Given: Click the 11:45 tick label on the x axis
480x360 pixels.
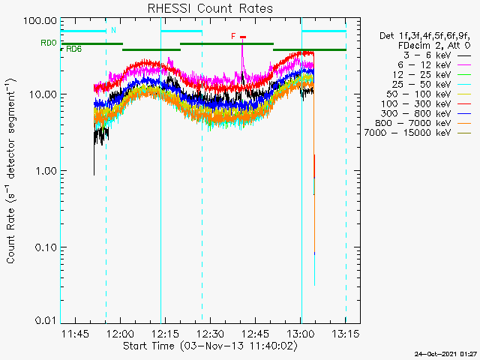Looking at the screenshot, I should click(x=76, y=334).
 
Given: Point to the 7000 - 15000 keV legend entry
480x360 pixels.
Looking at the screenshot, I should click(x=417, y=133).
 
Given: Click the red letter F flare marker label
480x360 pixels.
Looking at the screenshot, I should click(x=234, y=36).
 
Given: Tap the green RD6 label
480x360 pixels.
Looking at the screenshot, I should click(x=73, y=49).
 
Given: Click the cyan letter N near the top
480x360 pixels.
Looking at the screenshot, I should click(x=113, y=30).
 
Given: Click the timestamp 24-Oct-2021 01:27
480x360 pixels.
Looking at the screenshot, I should click(x=446, y=353).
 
